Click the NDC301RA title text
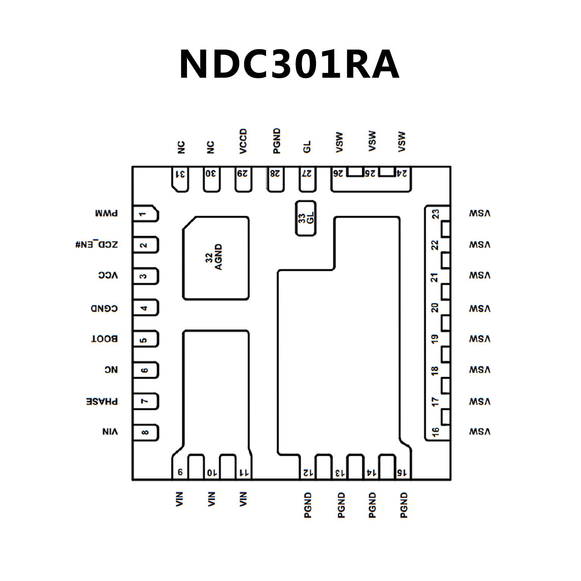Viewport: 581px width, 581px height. click(289, 65)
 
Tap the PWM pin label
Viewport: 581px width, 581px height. click(106, 213)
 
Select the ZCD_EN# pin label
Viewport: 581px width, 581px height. click(97, 245)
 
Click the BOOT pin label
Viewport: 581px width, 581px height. click(104, 339)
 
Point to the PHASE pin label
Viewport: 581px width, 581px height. click(102, 401)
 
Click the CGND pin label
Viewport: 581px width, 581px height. click(104, 308)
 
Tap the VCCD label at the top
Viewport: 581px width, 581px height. click(243, 142)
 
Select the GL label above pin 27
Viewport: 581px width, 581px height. click(307, 146)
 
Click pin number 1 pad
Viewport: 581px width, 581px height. click(146, 214)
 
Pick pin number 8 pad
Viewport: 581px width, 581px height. click(146, 432)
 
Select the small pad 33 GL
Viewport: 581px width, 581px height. click(306, 218)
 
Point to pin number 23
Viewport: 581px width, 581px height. click(436, 214)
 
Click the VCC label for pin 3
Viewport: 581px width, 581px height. click(108, 275)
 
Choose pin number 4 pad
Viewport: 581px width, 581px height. click(146, 308)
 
